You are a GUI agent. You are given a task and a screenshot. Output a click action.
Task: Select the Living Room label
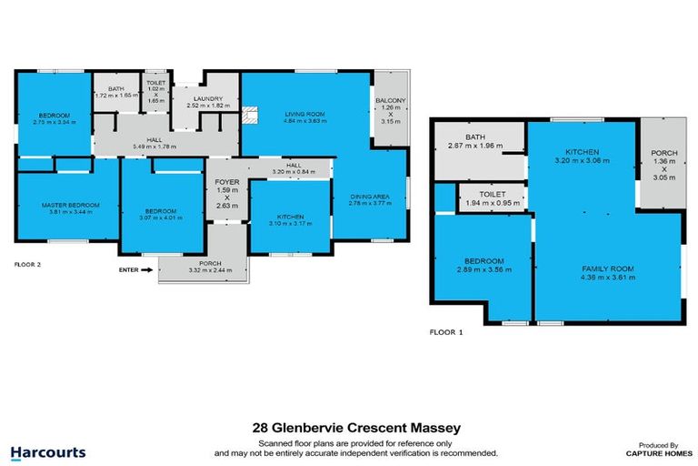[x=304, y=114]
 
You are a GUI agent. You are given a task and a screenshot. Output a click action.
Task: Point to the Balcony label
[x=391, y=100]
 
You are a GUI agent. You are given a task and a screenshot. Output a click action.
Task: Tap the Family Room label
[x=608, y=268]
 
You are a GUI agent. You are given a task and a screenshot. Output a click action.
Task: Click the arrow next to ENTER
[x=147, y=269]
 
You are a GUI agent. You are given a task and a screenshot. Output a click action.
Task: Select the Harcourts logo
[x=48, y=451]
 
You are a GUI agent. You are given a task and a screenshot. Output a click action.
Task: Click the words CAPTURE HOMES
[x=655, y=452]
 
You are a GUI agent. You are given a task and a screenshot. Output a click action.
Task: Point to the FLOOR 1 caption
[x=446, y=333]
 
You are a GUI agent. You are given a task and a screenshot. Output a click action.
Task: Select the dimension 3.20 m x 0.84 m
[x=292, y=173]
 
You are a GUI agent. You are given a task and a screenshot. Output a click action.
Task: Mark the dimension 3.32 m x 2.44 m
[x=203, y=270]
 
